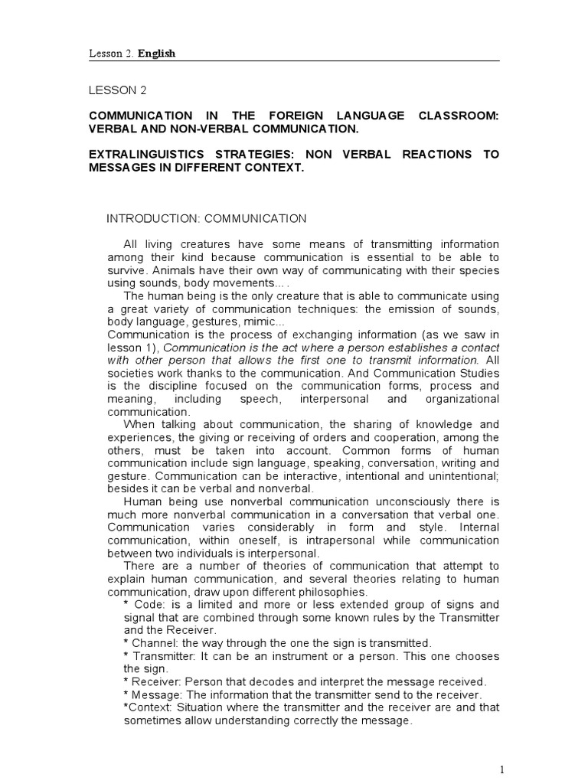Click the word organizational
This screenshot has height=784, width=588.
coord(463,398)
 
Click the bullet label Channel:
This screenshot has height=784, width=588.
coord(155,643)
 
